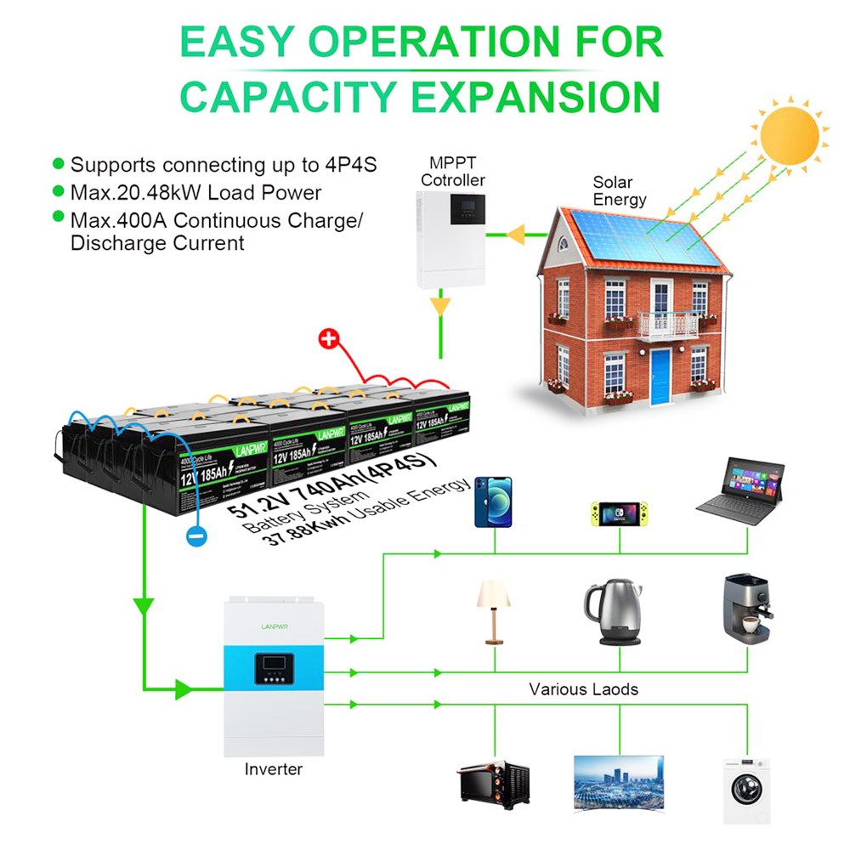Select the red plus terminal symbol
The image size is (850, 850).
pos(327,340)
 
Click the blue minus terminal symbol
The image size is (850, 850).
pos(195,536)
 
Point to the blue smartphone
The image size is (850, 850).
pos(493,502)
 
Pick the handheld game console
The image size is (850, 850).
pos(618,513)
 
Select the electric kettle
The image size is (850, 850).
pos(612,613)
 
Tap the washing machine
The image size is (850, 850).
pos(745,790)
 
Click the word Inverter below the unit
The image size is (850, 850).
pos(273,769)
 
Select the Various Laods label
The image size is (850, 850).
pos(583,689)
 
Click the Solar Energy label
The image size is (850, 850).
pos(620,191)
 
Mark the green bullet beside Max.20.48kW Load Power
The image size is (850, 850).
pos(58,191)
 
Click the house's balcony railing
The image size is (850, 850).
pos(667,325)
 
